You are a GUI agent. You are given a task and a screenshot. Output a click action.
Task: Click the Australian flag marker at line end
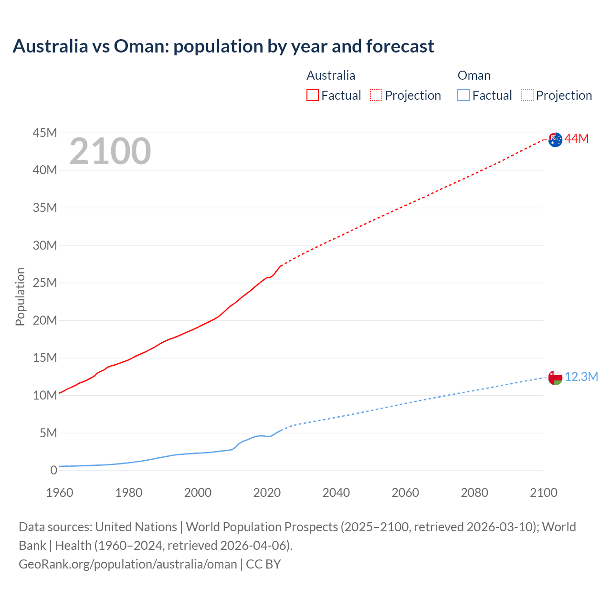(555, 140)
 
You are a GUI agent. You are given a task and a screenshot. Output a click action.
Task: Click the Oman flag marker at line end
(555, 378)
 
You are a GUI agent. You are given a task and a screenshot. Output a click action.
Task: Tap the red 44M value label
(577, 139)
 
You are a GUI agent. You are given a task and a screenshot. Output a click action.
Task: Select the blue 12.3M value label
(581, 377)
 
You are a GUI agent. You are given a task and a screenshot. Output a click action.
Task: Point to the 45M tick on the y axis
(45, 133)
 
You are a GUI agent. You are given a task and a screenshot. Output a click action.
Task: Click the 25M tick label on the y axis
(45, 283)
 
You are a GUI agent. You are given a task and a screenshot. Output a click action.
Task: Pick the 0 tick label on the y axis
(53, 471)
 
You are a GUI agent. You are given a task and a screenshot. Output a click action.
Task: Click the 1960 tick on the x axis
(60, 493)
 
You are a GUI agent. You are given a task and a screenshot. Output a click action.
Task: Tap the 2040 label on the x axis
(336, 493)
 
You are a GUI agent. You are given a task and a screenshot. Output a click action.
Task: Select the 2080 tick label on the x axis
(474, 493)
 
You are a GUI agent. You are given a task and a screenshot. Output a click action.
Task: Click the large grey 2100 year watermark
(110, 151)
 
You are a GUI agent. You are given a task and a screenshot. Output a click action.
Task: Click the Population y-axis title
(20, 296)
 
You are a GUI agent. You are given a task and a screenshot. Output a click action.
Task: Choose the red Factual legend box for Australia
(312, 95)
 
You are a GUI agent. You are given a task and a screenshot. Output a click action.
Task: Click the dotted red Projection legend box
(376, 95)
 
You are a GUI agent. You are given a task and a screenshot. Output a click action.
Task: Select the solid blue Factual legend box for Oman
(464, 95)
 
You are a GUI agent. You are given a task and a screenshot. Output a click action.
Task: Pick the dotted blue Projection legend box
(527, 95)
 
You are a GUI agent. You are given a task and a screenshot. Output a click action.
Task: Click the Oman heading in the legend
(474, 75)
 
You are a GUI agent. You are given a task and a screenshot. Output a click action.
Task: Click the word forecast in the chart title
(400, 46)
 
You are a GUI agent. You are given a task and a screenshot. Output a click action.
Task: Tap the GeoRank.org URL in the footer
(128, 564)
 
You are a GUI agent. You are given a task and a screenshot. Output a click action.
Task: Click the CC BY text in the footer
(263, 564)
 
